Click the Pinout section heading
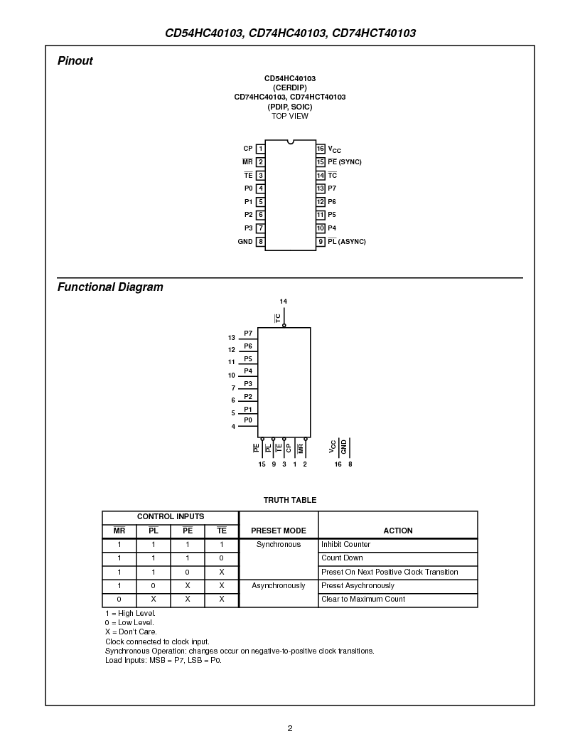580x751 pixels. [x=75, y=61]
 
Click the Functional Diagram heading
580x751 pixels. [x=110, y=287]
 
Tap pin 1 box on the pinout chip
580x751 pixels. [x=261, y=149]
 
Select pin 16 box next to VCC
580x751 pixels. [x=321, y=149]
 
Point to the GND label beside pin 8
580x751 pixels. [x=245, y=242]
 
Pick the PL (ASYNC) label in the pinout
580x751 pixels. [x=347, y=242]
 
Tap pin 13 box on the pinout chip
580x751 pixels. [x=321, y=188]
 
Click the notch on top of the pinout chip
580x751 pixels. [x=290, y=142]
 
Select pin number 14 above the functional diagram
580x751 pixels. [x=284, y=302]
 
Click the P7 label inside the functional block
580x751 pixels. [x=248, y=333]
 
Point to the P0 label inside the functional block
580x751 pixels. [x=248, y=420]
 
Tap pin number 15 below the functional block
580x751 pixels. [x=262, y=464]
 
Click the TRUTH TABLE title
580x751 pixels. [x=290, y=500]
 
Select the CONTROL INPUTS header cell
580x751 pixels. [x=171, y=517]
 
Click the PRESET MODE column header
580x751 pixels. [x=279, y=531]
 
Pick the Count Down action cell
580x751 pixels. [x=342, y=558]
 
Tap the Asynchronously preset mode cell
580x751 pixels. [x=279, y=586]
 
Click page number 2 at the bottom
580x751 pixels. [x=290, y=728]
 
